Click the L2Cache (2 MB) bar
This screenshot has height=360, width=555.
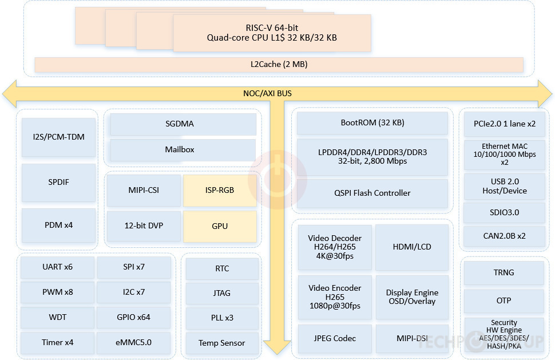pyautogui.click(x=279, y=65)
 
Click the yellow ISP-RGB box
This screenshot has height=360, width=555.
pyautogui.click(x=219, y=191)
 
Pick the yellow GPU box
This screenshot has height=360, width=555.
pyautogui.click(x=219, y=226)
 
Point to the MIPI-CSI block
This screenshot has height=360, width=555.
pyautogui.click(x=144, y=191)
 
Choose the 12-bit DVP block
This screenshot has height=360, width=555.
pyautogui.click(x=144, y=226)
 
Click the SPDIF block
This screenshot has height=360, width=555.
pyautogui.click(x=58, y=183)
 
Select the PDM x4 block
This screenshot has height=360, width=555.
pyautogui.click(x=58, y=226)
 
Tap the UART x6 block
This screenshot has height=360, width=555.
pyautogui.click(x=58, y=267)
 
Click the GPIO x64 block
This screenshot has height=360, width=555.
pyautogui.click(x=134, y=317)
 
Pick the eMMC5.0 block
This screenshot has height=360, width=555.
pyautogui.click(x=134, y=343)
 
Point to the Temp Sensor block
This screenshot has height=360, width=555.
pyautogui.click(x=221, y=343)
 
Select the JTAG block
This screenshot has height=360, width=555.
pyautogui.click(x=221, y=293)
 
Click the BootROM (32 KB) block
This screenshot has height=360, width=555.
pyautogui.click(x=372, y=123)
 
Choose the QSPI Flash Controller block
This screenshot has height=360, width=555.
pyautogui.click(x=372, y=193)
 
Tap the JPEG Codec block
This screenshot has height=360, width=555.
pyautogui.click(x=335, y=339)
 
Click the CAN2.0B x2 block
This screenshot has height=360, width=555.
pyautogui.click(x=504, y=236)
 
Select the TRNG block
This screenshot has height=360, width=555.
pyautogui.click(x=504, y=273)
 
